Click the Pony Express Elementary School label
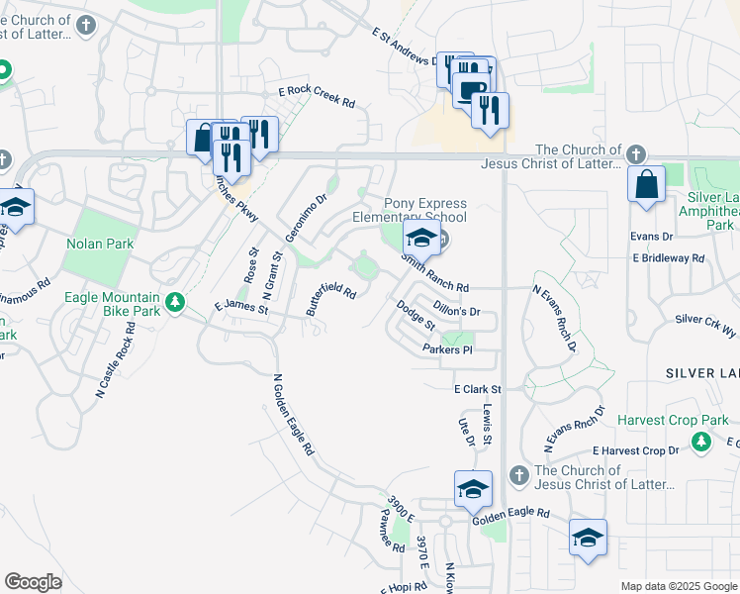410,210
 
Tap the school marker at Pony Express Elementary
421,239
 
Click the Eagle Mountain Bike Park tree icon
175,301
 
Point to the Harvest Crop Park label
673,420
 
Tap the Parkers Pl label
447,349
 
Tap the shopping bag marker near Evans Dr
646,186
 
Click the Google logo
34,582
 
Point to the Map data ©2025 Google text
678,586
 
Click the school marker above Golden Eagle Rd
473,489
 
